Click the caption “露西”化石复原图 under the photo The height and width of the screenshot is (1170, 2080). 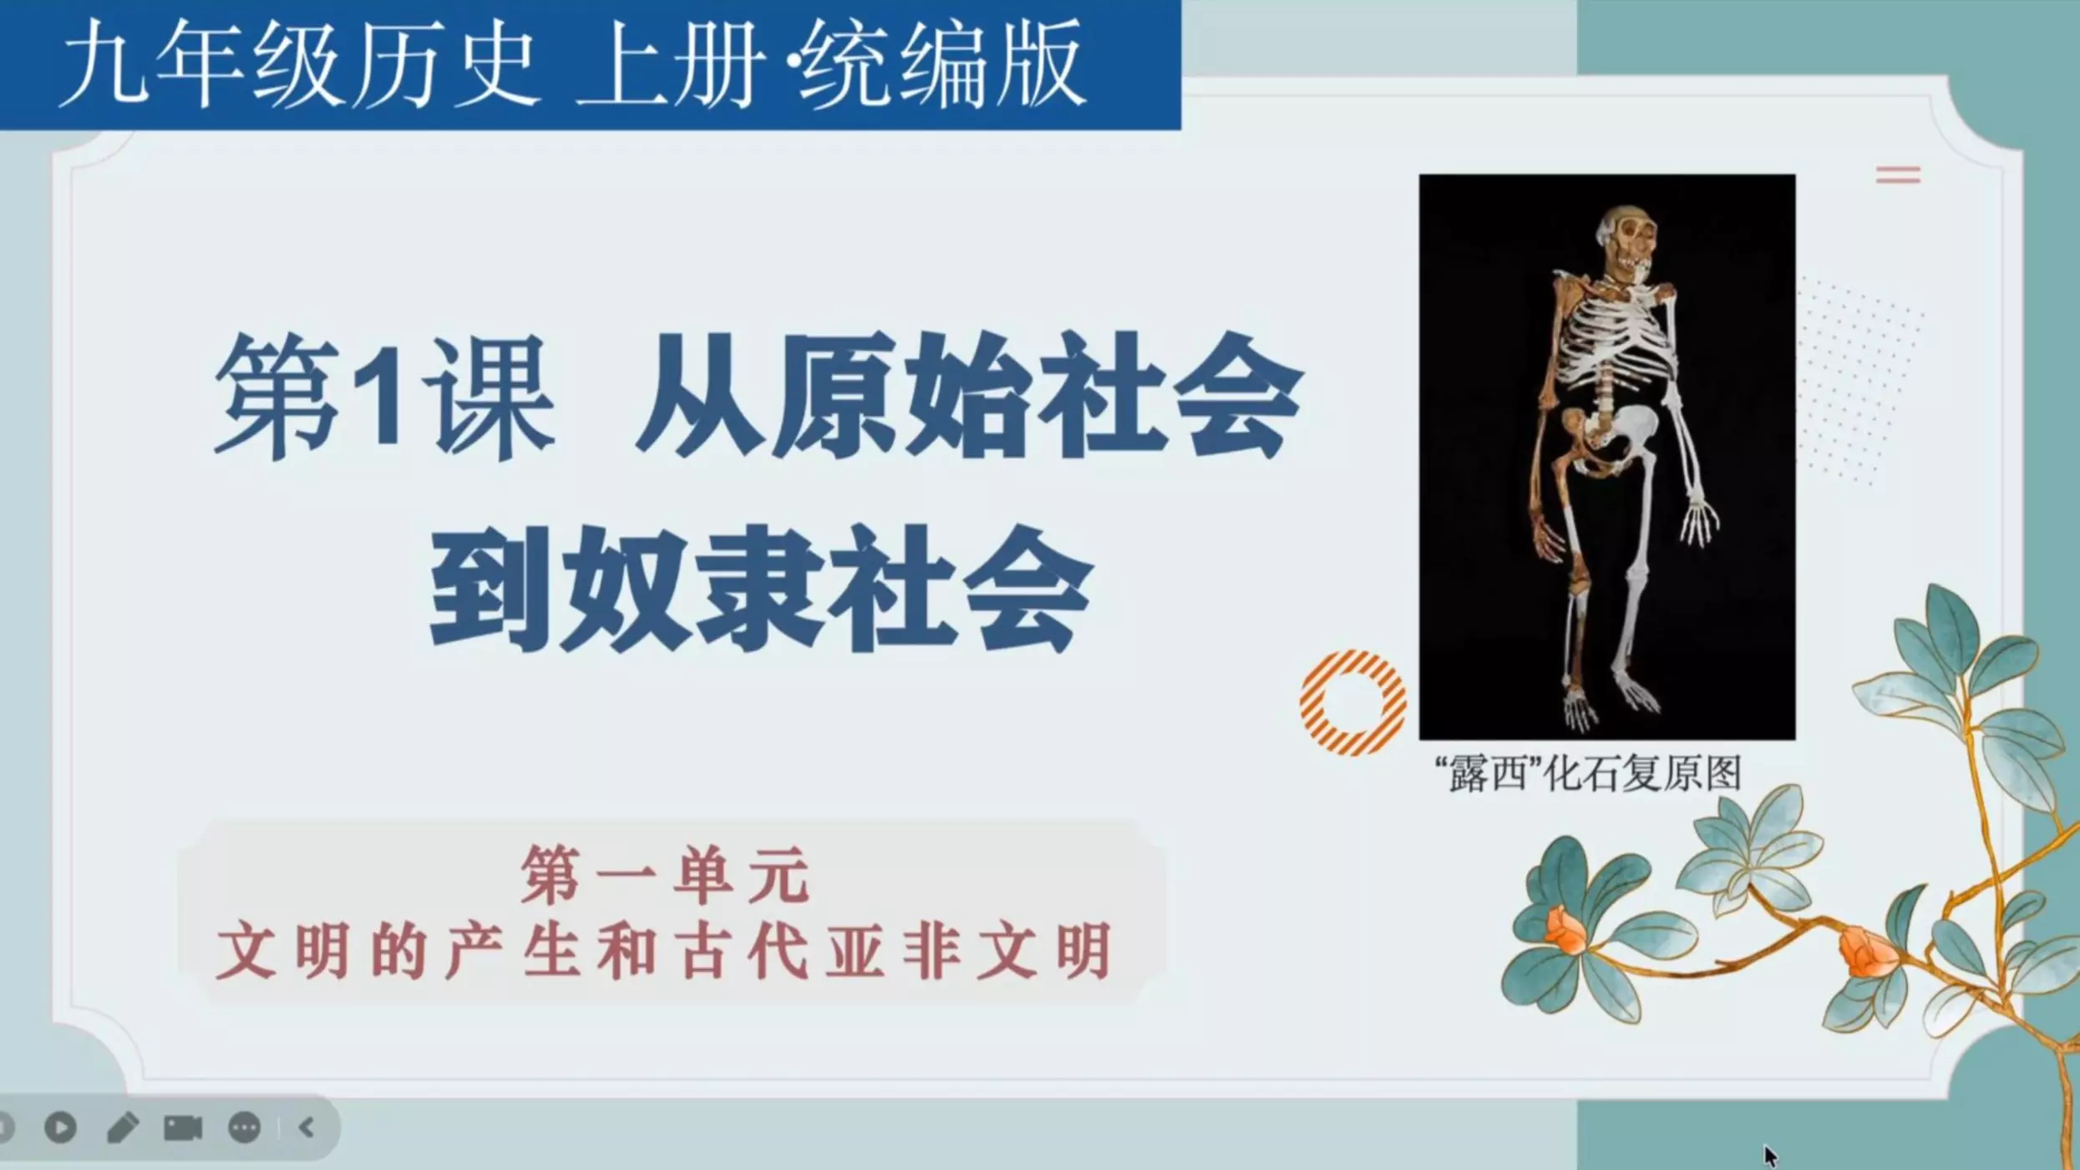[1587, 773]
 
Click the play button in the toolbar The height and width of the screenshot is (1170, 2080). [60, 1127]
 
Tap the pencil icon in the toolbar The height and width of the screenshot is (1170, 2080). [123, 1127]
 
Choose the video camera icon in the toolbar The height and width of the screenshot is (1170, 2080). [183, 1127]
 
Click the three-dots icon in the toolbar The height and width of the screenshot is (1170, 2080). [244, 1127]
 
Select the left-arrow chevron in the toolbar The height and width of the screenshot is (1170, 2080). [307, 1127]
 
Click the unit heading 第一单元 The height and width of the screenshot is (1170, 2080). [665, 874]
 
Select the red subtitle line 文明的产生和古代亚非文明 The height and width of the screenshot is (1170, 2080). [665, 950]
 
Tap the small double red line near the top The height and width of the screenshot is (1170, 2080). [1898, 175]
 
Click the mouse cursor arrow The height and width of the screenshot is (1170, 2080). [1770, 1156]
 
